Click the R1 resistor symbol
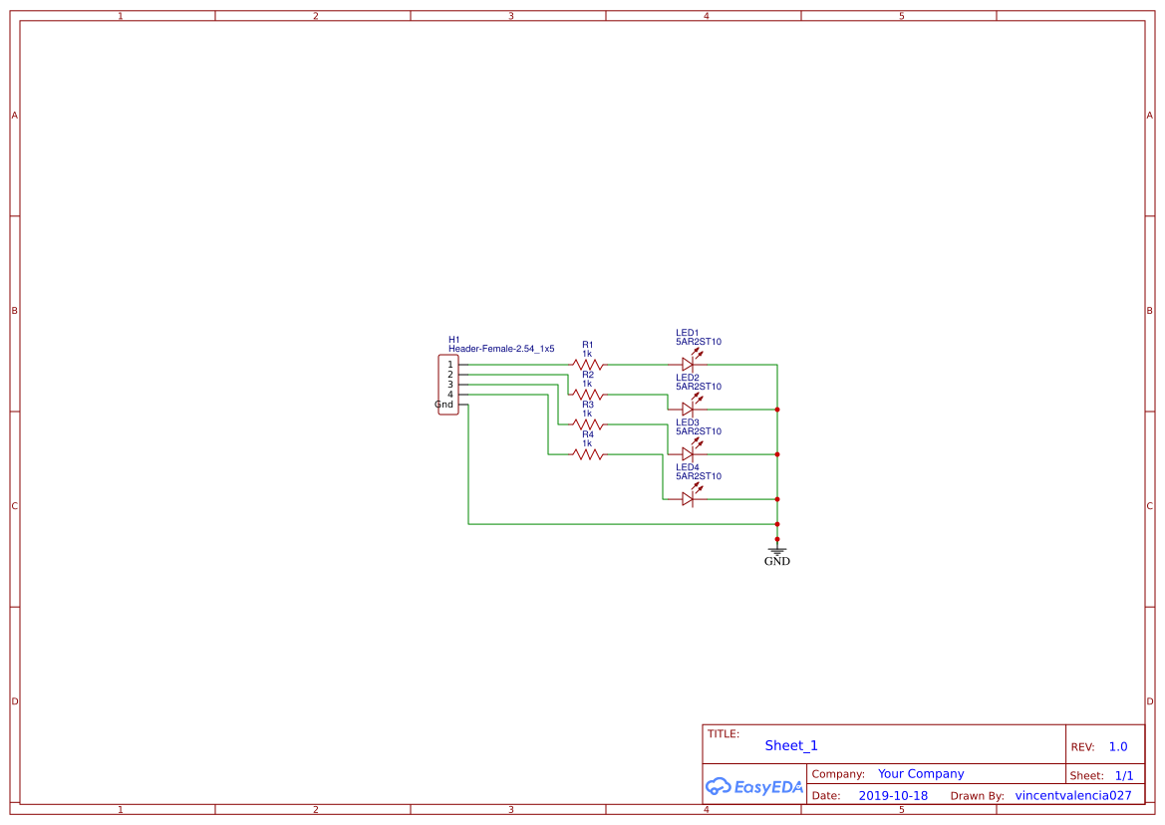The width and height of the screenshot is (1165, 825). click(x=587, y=365)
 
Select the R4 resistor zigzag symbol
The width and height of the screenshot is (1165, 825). click(x=587, y=454)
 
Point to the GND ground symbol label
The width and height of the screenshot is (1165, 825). click(x=777, y=561)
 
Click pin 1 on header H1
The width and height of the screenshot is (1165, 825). click(x=450, y=365)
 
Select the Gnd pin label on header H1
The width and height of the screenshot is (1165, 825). click(x=443, y=405)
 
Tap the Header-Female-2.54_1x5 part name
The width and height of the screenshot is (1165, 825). click(x=501, y=349)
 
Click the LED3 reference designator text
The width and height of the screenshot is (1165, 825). click(x=688, y=422)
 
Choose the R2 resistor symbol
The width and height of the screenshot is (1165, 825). click(x=587, y=395)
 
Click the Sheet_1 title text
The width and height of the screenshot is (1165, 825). click(x=791, y=745)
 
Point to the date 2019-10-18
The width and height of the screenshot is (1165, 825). click(x=893, y=795)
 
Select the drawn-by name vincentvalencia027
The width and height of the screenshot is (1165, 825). click(x=1073, y=795)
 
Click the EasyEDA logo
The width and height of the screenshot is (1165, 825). click(x=754, y=786)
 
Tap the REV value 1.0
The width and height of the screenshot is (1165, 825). click(x=1118, y=747)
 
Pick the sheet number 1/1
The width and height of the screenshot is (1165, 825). click(x=1124, y=775)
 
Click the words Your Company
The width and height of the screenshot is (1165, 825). click(x=921, y=774)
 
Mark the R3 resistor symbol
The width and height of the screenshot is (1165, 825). click(x=587, y=424)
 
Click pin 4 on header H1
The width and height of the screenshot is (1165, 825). click(x=450, y=395)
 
